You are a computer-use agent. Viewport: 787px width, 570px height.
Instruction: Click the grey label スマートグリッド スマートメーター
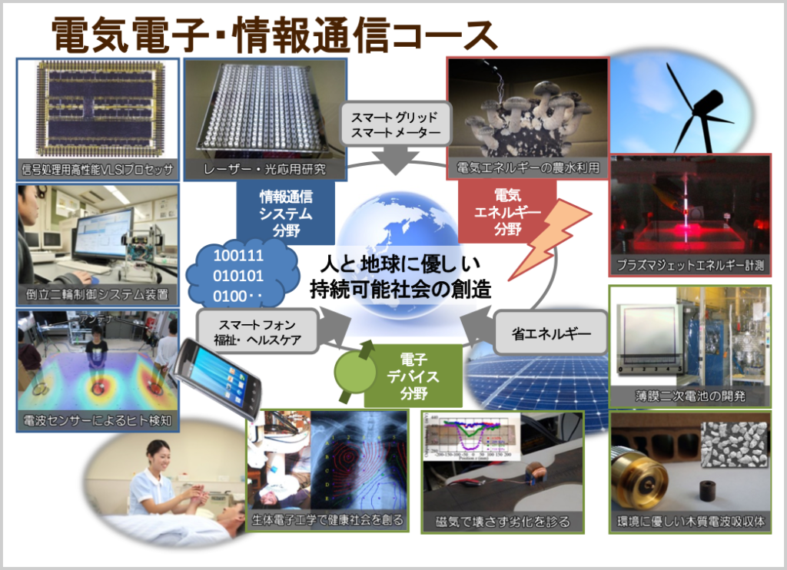coord(395,126)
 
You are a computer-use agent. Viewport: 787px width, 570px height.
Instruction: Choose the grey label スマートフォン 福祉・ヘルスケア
coord(257,333)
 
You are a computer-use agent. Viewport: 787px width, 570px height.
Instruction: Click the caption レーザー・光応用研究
coord(264,168)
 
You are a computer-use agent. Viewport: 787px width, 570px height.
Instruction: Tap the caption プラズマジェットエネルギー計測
coord(689,266)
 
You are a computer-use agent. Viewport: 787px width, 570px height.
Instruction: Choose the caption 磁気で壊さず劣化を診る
coord(503,522)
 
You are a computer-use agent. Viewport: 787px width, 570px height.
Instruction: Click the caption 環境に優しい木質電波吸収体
coord(689,522)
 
